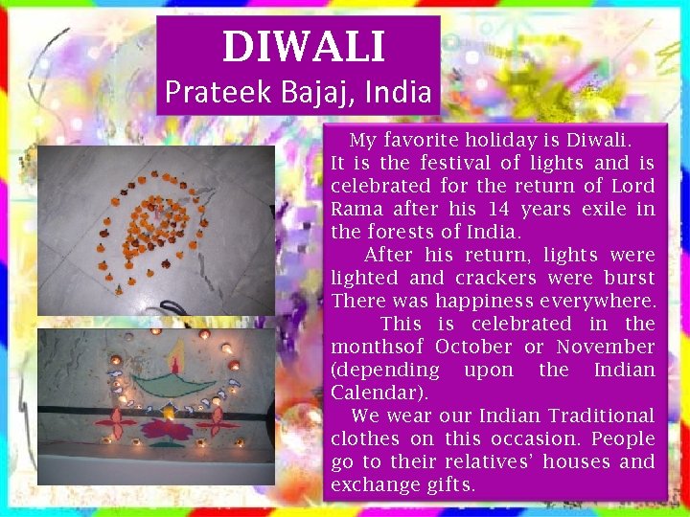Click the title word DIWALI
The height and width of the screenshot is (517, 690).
click(x=304, y=47)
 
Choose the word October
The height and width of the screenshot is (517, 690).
click(x=473, y=347)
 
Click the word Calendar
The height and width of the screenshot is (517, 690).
click(x=377, y=393)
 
